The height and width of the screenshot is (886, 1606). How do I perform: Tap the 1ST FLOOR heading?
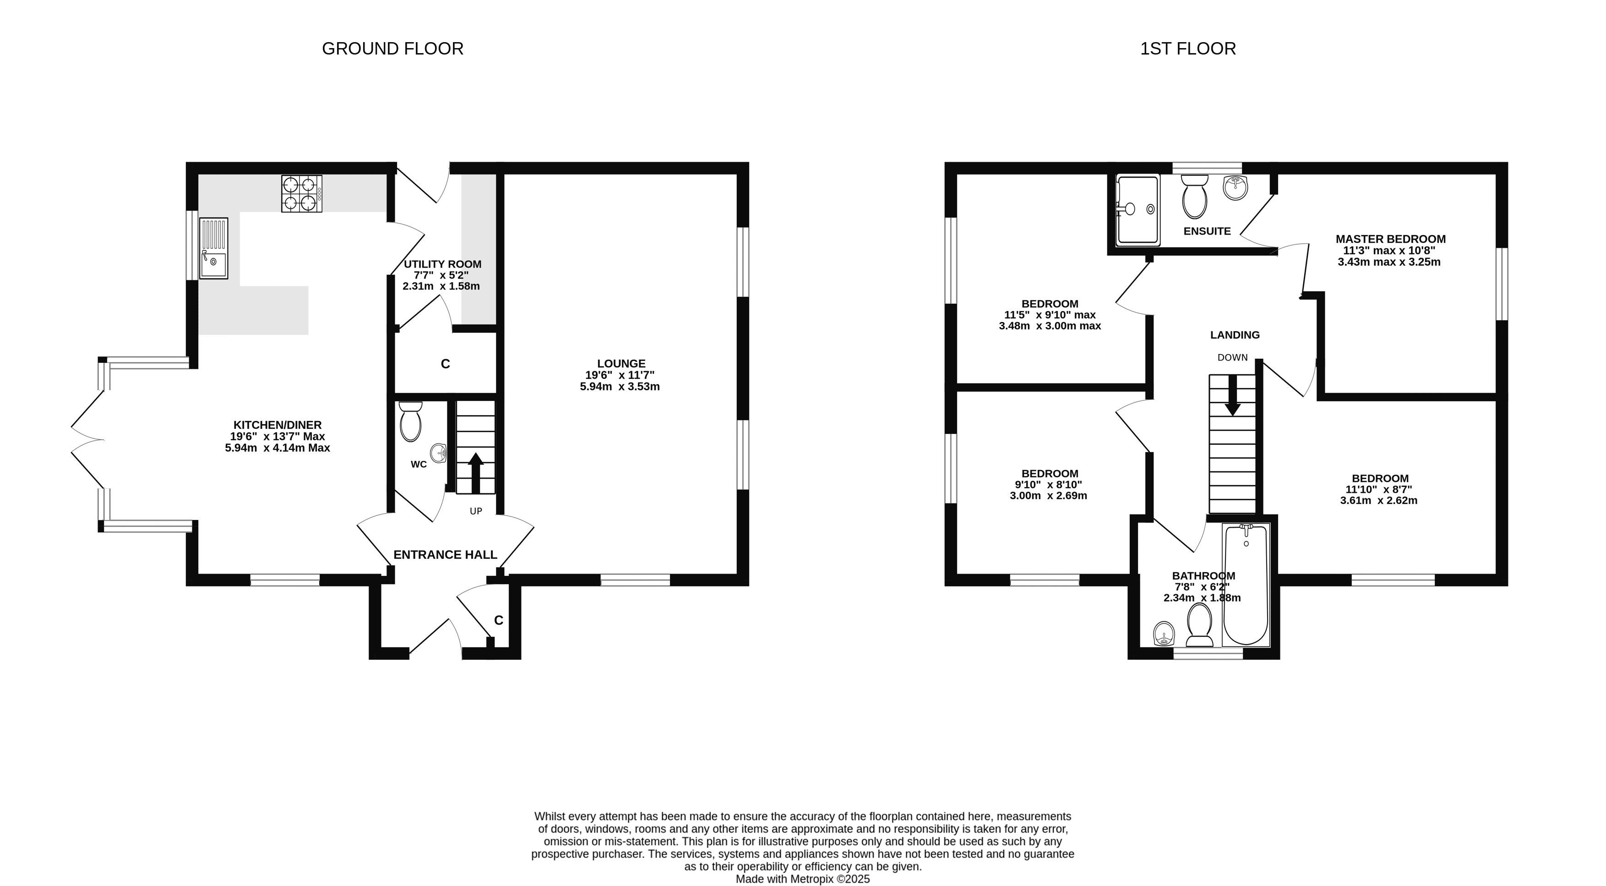coord(1187,49)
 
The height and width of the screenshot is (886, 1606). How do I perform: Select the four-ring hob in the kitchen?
coord(302,193)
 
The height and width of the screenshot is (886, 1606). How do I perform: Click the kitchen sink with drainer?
coord(213,247)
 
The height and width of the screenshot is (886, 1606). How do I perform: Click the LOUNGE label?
coord(621,363)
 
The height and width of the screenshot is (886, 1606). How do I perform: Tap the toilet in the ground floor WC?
coord(410,421)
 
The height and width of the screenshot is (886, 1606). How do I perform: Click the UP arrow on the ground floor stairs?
coord(476,473)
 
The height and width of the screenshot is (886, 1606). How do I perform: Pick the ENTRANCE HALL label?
coord(445,555)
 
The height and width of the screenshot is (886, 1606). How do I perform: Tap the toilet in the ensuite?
coord(1194,196)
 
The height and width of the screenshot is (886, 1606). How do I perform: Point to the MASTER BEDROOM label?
coord(1390,239)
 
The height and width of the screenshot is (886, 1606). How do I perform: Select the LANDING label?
coord(1235,335)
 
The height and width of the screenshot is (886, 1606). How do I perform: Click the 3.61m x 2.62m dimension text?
coord(1378,500)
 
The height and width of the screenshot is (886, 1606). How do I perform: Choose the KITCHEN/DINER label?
coord(278,425)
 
